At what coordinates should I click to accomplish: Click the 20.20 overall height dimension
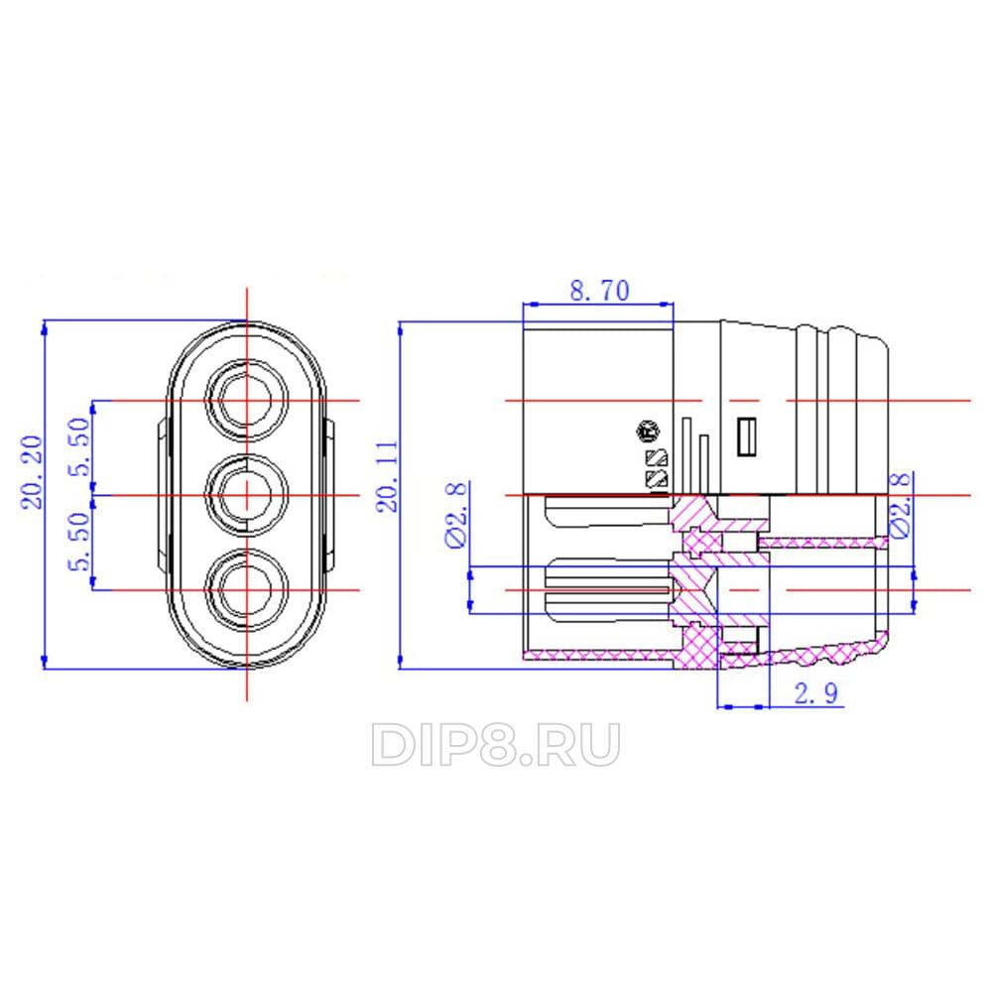(32, 471)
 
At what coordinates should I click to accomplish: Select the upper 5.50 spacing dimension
(80, 446)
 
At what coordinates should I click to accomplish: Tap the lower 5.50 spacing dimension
(80, 541)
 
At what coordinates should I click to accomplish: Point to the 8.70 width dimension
(599, 291)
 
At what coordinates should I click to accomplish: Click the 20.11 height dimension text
(387, 476)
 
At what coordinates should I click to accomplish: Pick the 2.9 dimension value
(816, 693)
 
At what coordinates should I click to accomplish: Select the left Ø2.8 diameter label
(456, 514)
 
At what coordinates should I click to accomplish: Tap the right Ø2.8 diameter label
(901, 504)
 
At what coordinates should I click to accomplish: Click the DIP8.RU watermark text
(495, 744)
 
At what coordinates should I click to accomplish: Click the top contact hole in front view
(247, 400)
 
